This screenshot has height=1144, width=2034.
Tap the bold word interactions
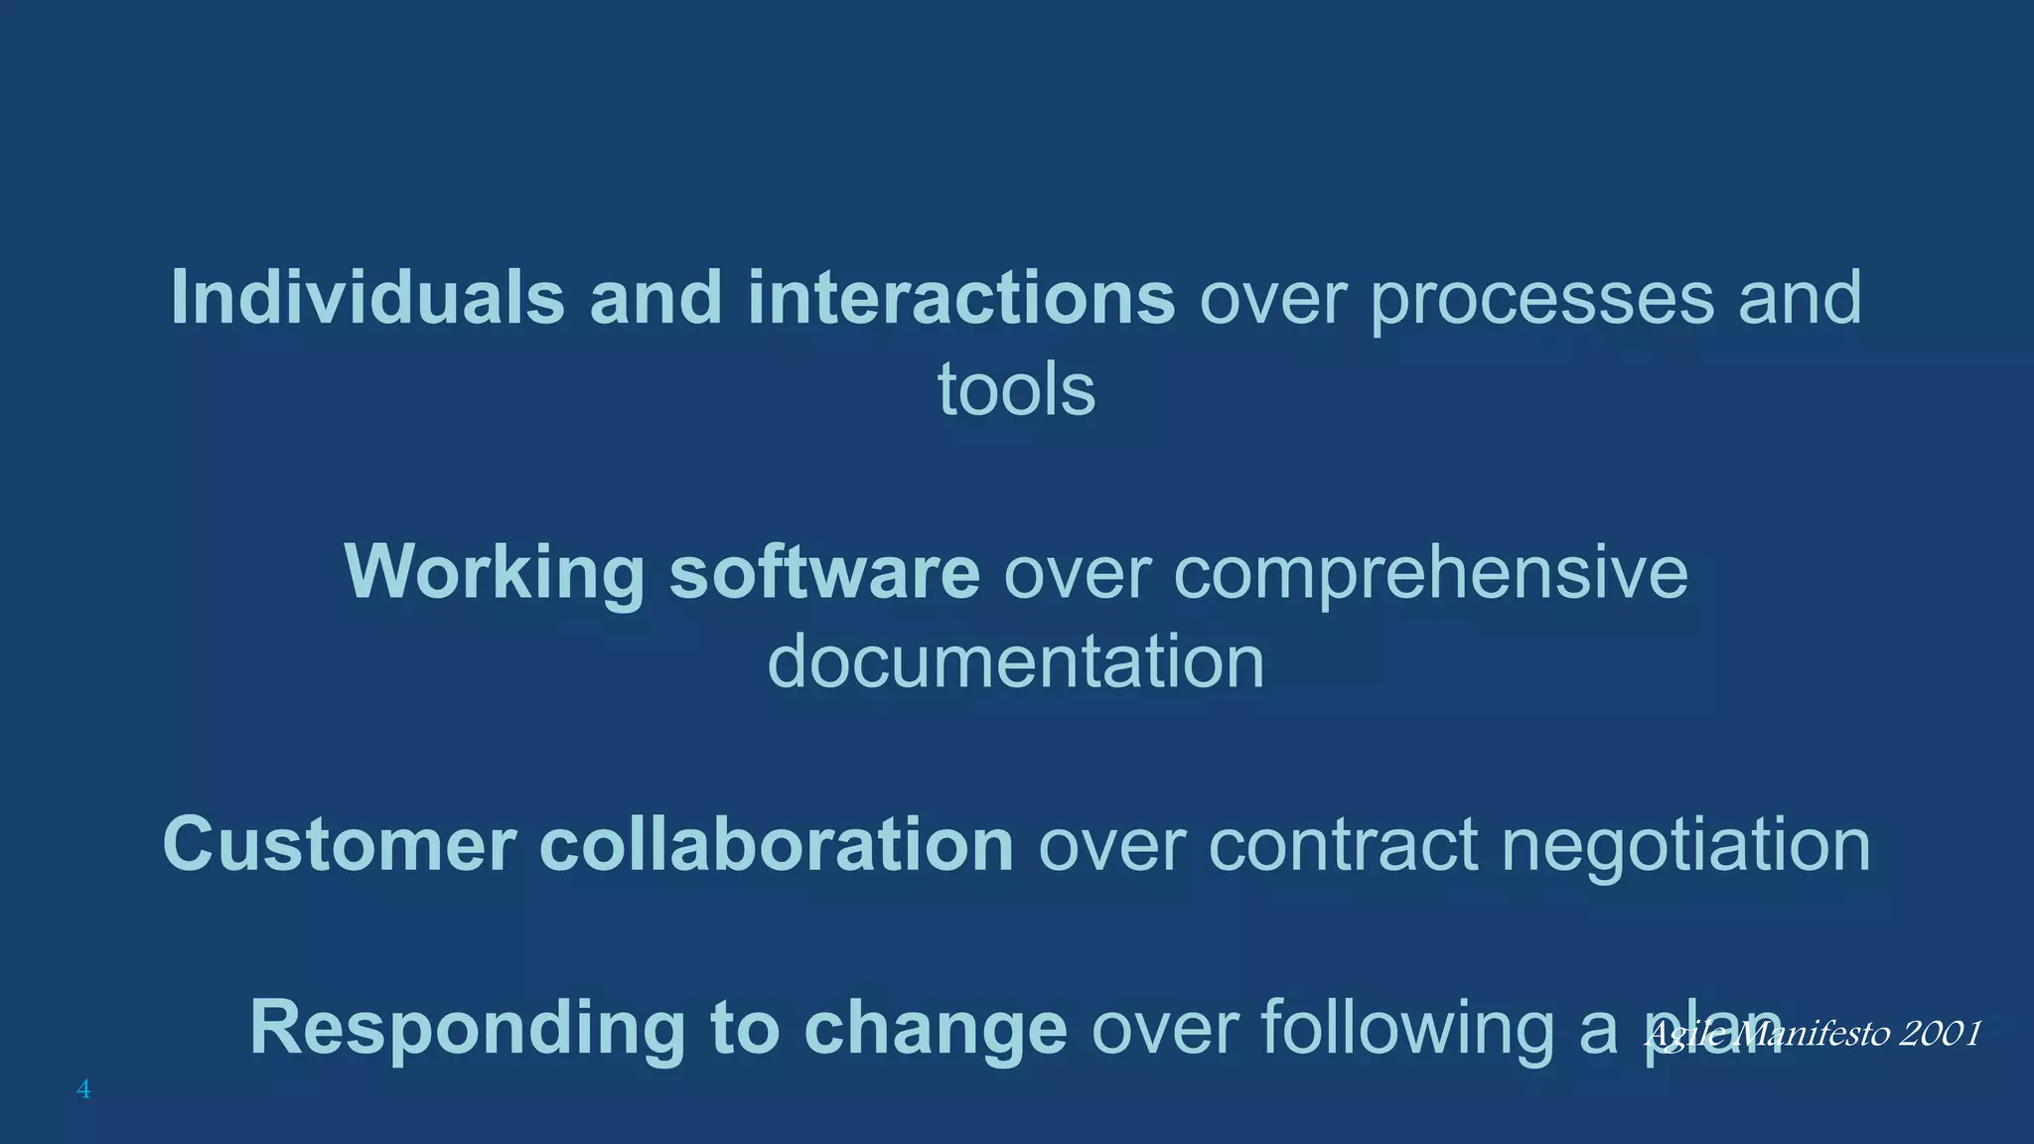coord(961,297)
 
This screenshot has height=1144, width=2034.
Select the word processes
coord(1541,299)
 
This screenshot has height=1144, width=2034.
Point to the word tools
coord(1016,389)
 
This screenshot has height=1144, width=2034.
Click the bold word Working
coord(495,573)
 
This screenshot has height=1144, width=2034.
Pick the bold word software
coord(824,572)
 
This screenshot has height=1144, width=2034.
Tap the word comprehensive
coord(1430,574)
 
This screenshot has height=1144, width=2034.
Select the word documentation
coord(1016,662)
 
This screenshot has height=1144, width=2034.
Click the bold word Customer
coord(339,845)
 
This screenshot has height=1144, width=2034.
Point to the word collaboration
coord(776,844)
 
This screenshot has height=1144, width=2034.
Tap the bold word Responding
coord(467,1029)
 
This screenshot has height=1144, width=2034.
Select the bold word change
coord(935,1029)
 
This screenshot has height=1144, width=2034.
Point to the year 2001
coord(1939,1034)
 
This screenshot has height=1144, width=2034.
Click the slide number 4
coord(83,1089)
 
